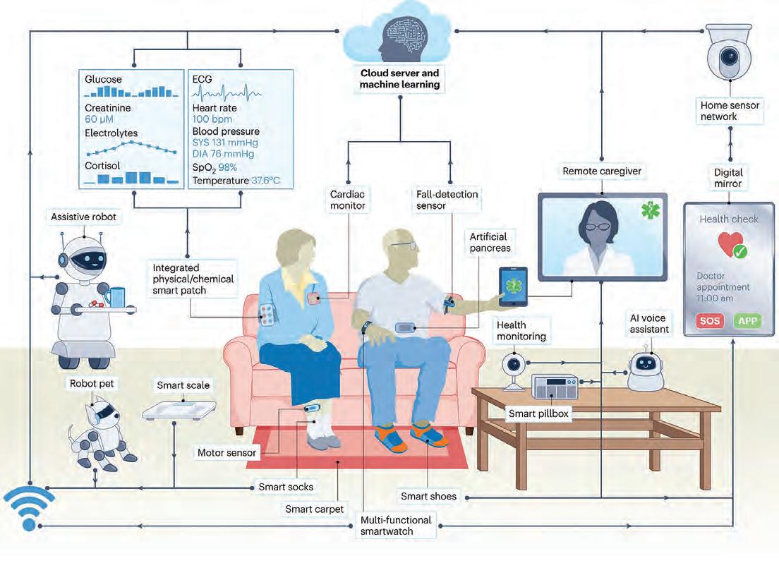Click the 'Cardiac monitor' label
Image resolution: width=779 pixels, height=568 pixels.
tap(349, 200)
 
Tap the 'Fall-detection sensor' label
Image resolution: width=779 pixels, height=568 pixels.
tap(447, 200)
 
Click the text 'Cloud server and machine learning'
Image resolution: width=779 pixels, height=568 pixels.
tap(399, 78)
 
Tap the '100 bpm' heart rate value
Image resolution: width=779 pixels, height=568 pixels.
tap(212, 120)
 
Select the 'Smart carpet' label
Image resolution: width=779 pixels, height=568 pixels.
tap(314, 509)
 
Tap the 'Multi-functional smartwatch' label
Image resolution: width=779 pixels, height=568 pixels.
tap(395, 525)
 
